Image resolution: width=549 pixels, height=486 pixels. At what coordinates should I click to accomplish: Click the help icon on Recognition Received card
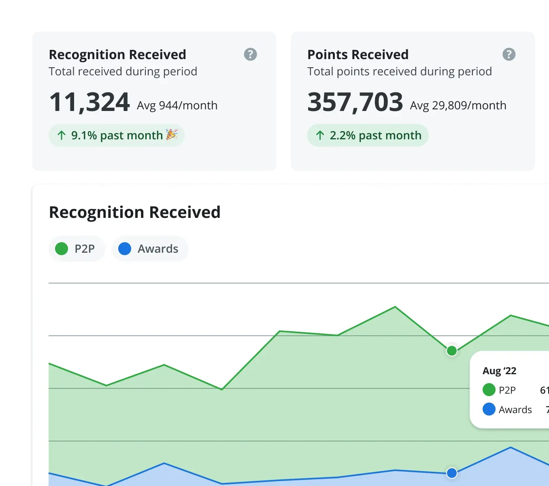tap(250, 54)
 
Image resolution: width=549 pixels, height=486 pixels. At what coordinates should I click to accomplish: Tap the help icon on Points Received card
tap(509, 54)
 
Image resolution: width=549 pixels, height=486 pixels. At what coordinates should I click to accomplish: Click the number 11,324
tap(89, 102)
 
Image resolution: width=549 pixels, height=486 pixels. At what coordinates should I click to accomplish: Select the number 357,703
tap(355, 102)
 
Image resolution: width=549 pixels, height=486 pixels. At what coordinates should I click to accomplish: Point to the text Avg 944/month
tap(177, 106)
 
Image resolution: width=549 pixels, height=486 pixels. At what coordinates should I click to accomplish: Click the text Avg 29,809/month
tap(458, 106)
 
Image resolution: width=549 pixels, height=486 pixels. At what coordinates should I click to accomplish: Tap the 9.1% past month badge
tap(117, 135)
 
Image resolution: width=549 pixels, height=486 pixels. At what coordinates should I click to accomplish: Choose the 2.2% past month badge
tap(368, 135)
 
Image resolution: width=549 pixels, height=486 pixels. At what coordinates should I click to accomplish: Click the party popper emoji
tap(172, 134)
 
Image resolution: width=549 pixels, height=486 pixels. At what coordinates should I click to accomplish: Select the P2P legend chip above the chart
tap(77, 249)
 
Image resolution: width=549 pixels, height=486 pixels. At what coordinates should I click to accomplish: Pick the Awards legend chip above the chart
tap(149, 249)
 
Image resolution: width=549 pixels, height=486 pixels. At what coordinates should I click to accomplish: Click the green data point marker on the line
tap(452, 351)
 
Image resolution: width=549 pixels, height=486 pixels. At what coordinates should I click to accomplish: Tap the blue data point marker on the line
tap(452, 473)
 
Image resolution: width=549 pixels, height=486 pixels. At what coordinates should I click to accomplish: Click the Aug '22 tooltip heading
tap(499, 371)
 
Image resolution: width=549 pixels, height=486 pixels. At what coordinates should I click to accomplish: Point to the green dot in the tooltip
tap(489, 390)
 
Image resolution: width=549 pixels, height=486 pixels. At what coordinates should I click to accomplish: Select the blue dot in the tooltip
tap(489, 409)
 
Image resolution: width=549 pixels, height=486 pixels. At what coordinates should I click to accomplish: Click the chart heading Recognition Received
tap(134, 212)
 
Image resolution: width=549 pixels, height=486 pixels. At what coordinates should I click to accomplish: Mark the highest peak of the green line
tap(395, 307)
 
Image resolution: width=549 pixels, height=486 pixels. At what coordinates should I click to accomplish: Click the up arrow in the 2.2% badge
tap(320, 135)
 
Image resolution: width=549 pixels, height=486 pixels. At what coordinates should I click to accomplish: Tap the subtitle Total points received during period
tap(399, 72)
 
